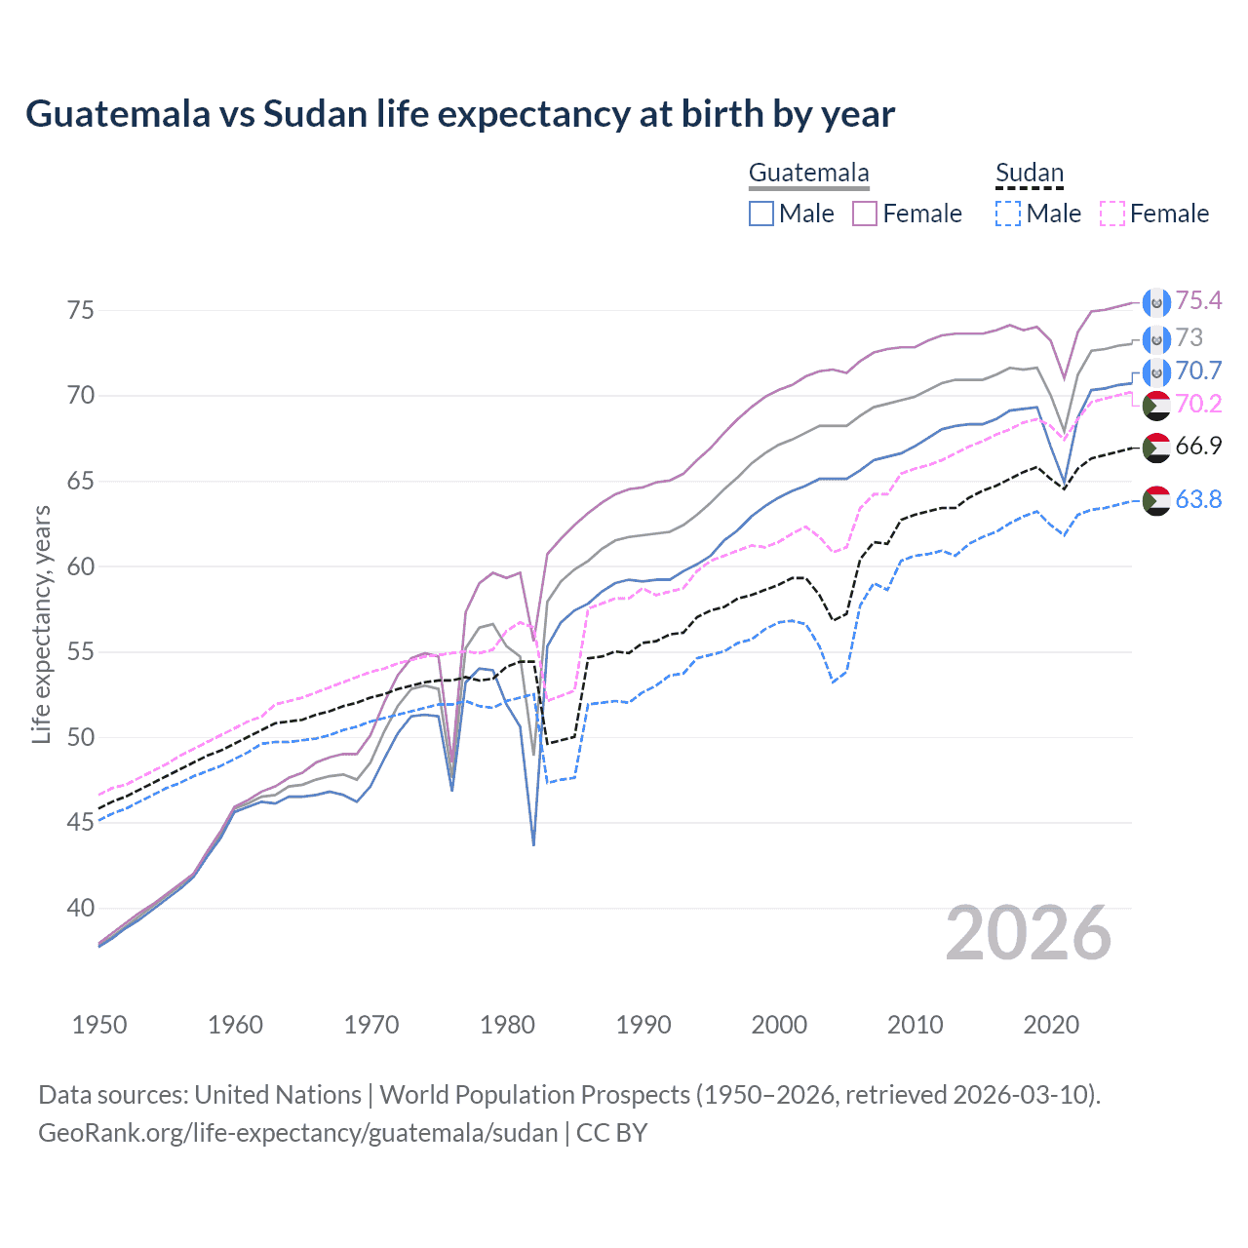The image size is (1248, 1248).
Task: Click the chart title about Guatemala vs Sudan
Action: [459, 114]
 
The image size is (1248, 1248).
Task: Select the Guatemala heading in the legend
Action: [808, 174]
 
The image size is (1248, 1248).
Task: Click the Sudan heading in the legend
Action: [1029, 174]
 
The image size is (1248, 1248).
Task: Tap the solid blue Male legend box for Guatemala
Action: [761, 214]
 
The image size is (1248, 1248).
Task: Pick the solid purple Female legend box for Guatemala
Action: [865, 214]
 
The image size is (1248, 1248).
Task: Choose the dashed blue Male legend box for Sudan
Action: [1008, 214]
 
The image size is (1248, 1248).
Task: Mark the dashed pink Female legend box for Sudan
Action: [1112, 214]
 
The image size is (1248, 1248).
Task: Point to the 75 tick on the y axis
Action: [80, 310]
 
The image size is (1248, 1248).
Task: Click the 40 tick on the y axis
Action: [80, 908]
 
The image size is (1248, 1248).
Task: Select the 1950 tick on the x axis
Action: [99, 1025]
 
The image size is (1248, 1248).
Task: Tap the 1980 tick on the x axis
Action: [507, 1025]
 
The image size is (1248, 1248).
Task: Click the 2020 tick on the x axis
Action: [1051, 1025]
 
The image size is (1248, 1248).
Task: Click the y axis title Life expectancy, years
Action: [41, 624]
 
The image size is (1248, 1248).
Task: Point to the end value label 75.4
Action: [1198, 301]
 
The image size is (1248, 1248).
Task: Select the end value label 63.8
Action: [1198, 500]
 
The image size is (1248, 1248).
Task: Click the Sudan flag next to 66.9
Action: [1156, 448]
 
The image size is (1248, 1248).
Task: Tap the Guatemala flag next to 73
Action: [1156, 339]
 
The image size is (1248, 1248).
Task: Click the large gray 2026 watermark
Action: [1028, 934]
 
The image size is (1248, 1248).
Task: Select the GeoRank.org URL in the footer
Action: [297, 1133]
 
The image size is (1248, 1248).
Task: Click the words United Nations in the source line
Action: [278, 1095]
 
